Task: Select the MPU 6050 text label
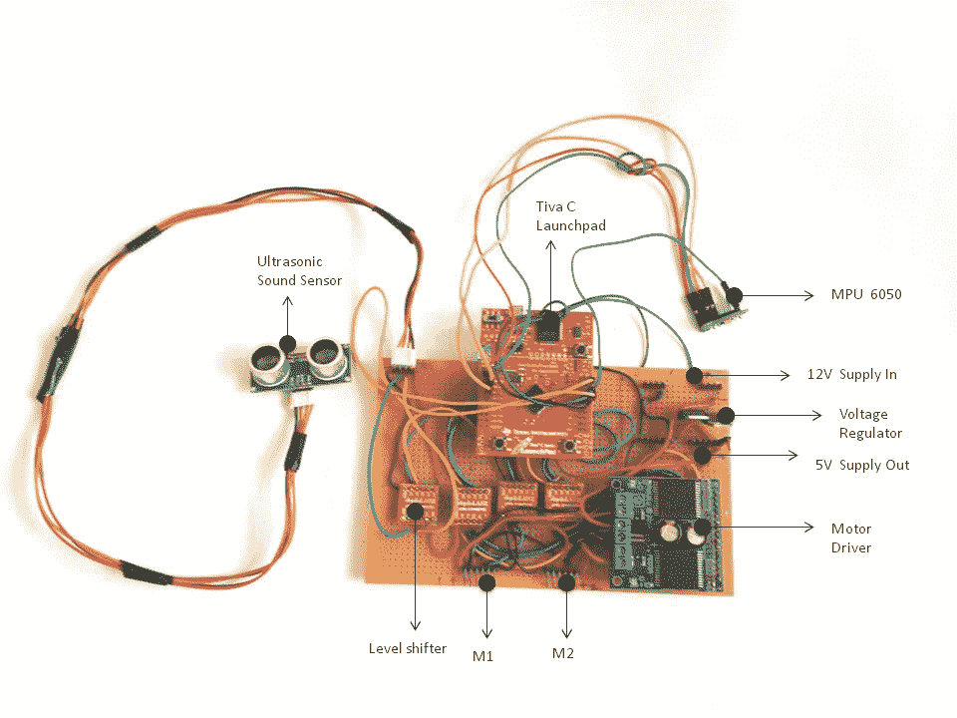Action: point(866,295)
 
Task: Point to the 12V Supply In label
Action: point(852,375)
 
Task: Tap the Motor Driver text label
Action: point(851,538)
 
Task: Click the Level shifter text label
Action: point(408,648)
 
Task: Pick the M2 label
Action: point(563,654)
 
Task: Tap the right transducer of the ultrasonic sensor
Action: point(325,353)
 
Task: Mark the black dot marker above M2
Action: point(567,581)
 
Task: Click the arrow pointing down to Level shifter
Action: point(415,573)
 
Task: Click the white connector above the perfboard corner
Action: point(402,361)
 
